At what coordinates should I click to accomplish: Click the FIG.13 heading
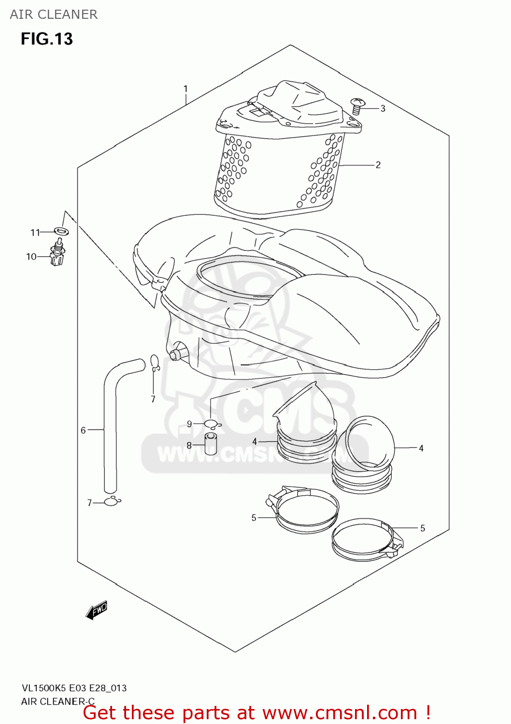coord(46,39)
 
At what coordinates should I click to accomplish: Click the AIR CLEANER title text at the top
coord(54,14)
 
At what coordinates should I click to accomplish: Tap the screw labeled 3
coord(357,106)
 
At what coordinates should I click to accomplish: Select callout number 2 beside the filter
coord(378,165)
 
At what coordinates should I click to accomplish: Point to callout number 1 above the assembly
coord(185,89)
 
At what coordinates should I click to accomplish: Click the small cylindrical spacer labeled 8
coord(211,444)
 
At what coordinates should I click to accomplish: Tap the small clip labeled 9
coord(212,424)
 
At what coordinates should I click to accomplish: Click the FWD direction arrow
coord(96,610)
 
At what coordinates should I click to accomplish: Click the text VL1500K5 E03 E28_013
coord(74,688)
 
